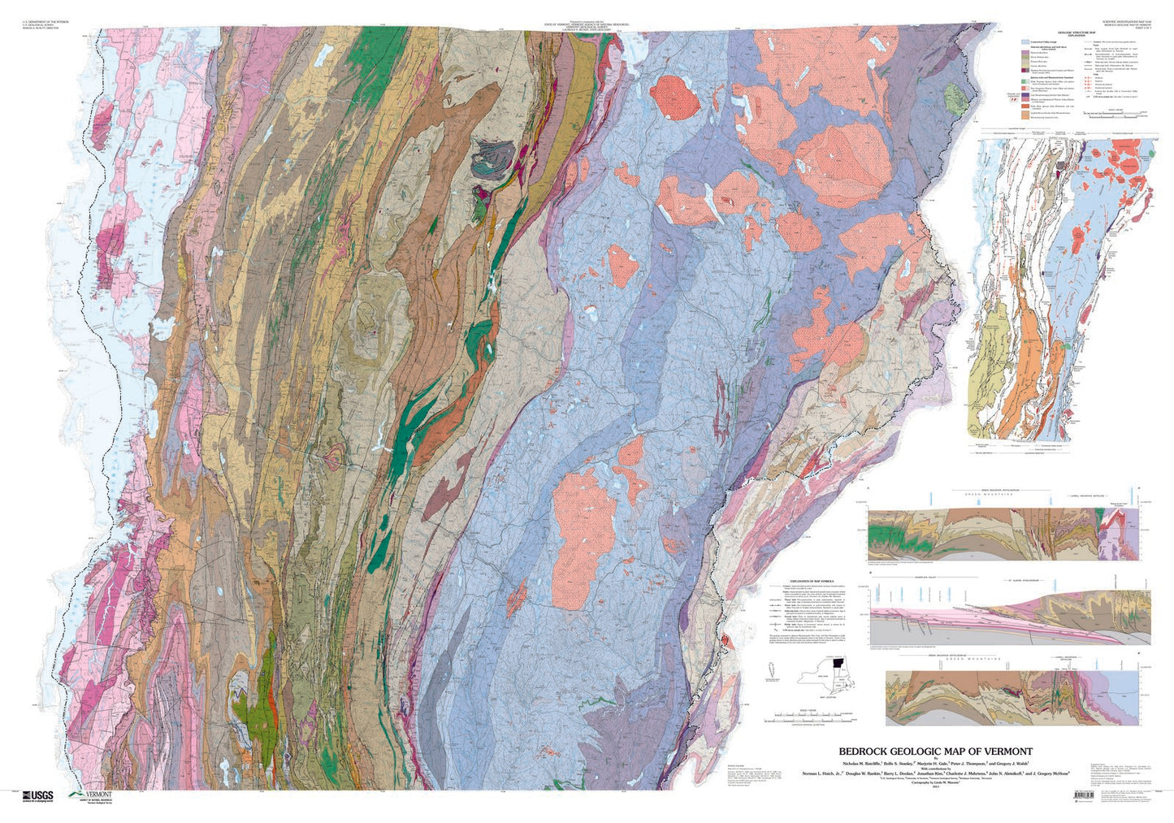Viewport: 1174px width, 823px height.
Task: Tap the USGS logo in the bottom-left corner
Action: click(x=37, y=795)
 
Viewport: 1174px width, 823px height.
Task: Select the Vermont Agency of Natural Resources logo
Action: click(x=89, y=796)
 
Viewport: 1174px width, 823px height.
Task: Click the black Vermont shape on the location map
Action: click(x=838, y=664)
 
